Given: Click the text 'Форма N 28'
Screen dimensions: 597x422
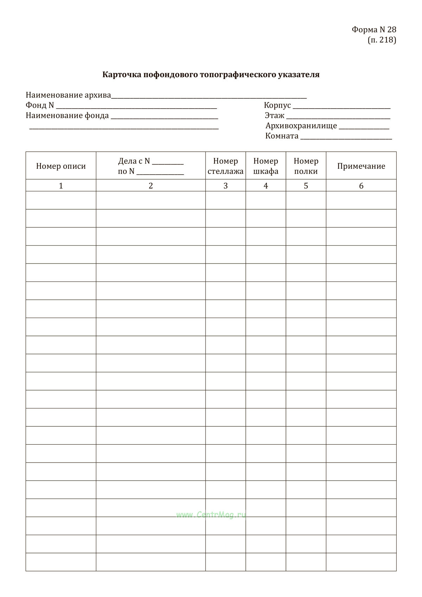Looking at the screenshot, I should [374, 30].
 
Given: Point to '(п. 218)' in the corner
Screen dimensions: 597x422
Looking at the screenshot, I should [382, 40].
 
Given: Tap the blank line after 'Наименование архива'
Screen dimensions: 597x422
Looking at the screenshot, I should [209, 97].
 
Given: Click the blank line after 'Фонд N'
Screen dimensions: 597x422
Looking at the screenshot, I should [136, 107].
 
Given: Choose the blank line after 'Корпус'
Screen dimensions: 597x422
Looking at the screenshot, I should [341, 107].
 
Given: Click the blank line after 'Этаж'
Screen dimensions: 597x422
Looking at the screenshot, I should [338, 117].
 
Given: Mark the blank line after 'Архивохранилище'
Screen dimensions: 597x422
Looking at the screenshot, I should [364, 127].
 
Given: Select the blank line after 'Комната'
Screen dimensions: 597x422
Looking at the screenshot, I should [346, 138].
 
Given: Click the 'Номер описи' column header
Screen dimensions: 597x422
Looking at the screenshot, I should [61, 166].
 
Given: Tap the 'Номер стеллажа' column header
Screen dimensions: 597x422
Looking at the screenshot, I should [225, 166].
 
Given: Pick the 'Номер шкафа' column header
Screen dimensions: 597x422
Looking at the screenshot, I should [266, 166].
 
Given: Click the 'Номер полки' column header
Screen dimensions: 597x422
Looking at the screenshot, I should [306, 166].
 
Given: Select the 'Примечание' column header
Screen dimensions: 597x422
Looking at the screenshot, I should [361, 166].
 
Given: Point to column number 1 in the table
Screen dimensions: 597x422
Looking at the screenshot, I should [61, 186].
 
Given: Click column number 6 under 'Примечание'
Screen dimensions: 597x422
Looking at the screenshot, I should [361, 186].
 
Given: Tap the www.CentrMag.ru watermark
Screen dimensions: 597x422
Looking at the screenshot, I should [211, 515].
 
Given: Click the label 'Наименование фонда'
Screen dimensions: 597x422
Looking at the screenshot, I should [67, 115].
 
